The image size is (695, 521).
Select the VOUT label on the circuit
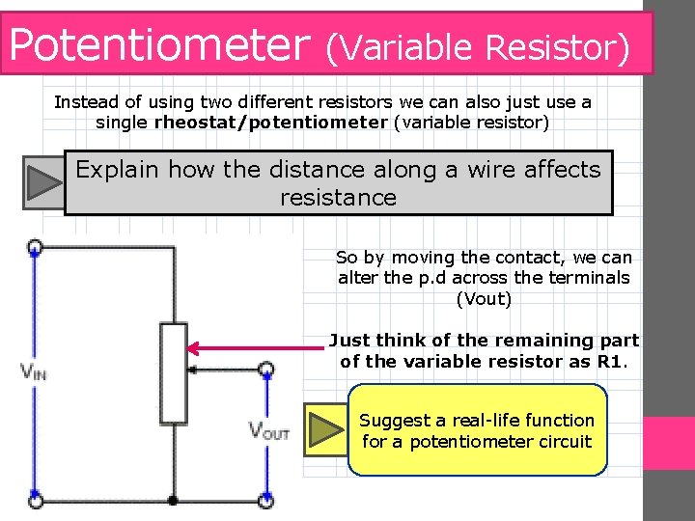click(268, 430)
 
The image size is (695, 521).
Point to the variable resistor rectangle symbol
click(174, 373)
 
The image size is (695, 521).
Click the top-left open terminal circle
click(35, 246)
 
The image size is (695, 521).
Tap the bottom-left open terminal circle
click(35, 502)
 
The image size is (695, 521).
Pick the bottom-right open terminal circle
click(266, 502)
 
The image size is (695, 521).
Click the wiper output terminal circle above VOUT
click(266, 369)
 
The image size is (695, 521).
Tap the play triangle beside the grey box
click(44, 181)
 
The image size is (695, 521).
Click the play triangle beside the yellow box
click(326, 430)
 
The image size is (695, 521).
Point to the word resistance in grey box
click(338, 198)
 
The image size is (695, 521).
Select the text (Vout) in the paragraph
click(483, 298)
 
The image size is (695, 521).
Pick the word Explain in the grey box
click(117, 170)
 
